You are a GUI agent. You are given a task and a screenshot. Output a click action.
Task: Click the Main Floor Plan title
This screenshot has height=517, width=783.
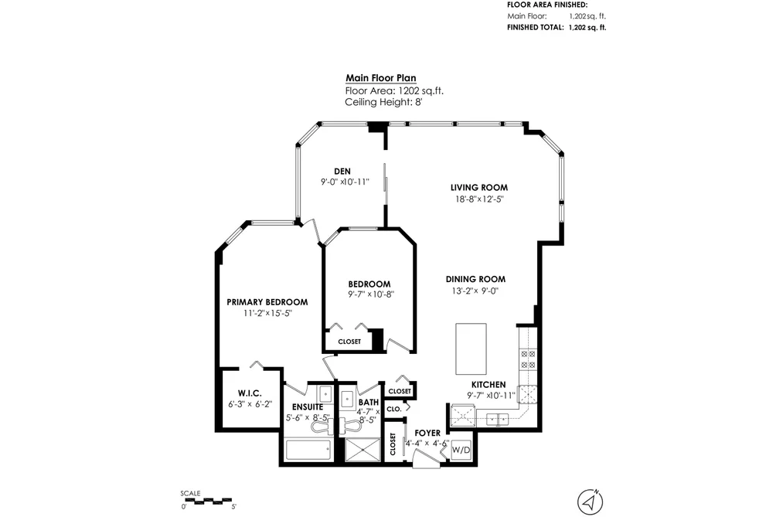click(x=381, y=78)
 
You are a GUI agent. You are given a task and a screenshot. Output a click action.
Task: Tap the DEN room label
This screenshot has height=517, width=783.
click(x=342, y=171)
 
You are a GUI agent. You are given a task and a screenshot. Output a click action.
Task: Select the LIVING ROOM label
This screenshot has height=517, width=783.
click(x=479, y=188)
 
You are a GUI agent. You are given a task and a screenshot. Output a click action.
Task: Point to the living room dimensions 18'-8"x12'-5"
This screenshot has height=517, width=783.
click(x=479, y=199)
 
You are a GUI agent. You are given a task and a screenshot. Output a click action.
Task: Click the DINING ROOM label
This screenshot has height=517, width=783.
click(x=475, y=279)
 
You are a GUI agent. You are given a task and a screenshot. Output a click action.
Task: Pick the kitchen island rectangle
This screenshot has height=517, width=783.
click(x=471, y=349)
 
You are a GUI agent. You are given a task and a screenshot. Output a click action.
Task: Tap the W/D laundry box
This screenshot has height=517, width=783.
click(x=461, y=450)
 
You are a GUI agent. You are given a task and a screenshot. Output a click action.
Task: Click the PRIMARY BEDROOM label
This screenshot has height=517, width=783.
click(x=267, y=302)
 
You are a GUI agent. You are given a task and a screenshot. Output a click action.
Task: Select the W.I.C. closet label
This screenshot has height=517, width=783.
click(x=250, y=393)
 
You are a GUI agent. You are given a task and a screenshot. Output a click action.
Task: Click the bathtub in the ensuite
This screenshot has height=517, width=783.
click(x=308, y=451)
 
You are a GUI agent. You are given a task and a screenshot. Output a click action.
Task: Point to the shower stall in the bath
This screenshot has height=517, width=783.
click(x=363, y=449)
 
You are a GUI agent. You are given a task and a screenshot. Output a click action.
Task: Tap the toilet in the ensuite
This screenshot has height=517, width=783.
click(x=320, y=426)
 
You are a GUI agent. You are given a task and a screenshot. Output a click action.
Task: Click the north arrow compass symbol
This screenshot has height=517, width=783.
click(x=591, y=501)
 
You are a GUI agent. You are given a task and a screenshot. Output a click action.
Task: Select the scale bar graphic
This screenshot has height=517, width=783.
click(x=206, y=500)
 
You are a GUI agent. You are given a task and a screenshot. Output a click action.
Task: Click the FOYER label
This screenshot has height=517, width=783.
click(x=427, y=434)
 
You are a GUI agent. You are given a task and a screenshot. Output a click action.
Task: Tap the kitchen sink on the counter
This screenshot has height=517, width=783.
click(x=497, y=419)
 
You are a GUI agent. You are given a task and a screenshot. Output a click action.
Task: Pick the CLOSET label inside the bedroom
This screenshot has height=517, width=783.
click(x=349, y=342)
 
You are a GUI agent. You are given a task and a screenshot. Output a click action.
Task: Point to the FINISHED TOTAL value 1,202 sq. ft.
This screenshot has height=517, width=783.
click(x=587, y=28)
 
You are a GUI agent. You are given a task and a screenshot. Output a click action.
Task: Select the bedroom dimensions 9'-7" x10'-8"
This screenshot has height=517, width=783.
click(x=371, y=294)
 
